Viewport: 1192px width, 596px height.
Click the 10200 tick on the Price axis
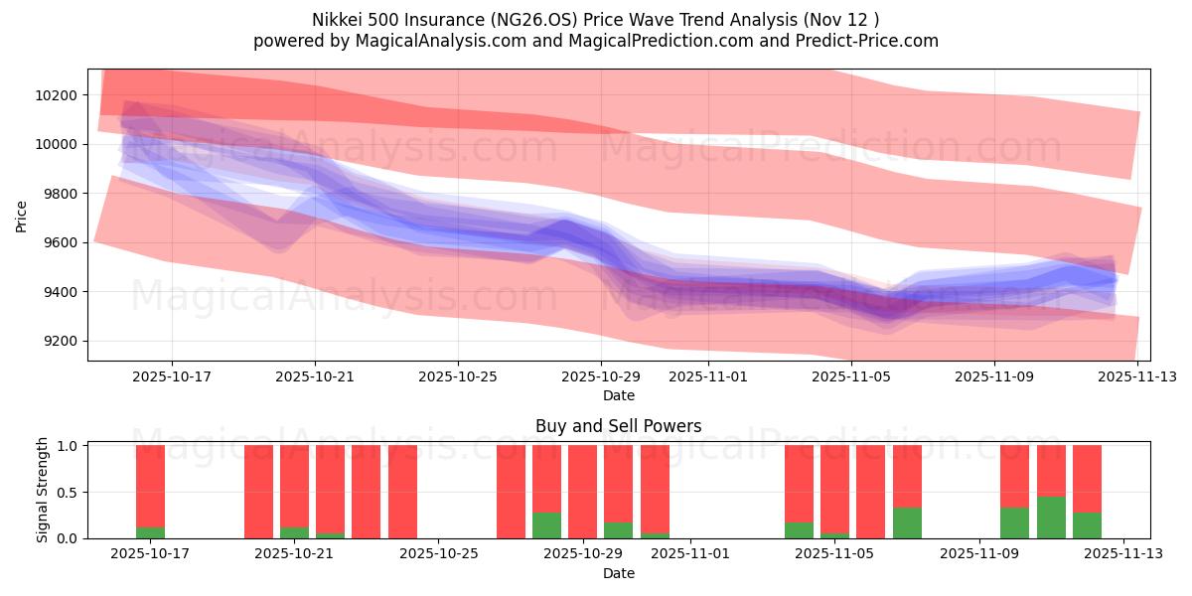point(58,95)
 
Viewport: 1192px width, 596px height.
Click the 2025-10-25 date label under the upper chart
point(458,377)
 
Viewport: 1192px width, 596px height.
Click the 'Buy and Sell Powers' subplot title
point(618,426)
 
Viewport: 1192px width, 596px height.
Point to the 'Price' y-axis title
point(22,215)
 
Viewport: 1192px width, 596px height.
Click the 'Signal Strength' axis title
point(42,490)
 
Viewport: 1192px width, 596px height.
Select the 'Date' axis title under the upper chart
point(618,395)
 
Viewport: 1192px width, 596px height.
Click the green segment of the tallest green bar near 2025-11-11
point(1051,518)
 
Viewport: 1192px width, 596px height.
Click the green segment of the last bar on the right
point(1087,525)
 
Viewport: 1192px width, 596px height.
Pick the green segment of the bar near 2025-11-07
point(907,523)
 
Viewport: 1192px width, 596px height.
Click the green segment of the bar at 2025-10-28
point(546,525)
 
